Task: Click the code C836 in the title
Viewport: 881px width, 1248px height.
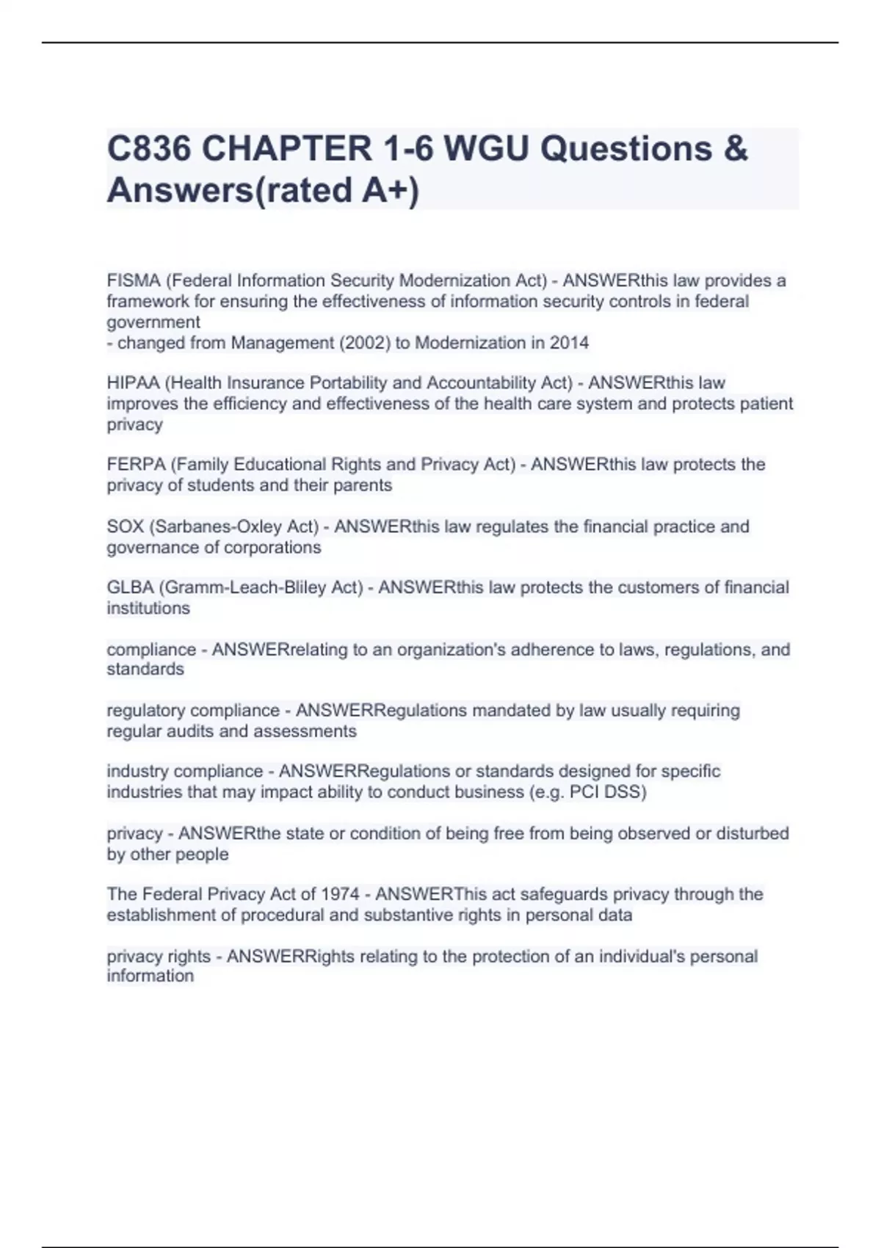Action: (x=149, y=149)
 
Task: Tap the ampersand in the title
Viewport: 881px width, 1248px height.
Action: (x=735, y=149)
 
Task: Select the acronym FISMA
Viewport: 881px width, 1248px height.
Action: (x=133, y=281)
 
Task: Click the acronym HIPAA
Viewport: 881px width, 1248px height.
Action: (x=133, y=383)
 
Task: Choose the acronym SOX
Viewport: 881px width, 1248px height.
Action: (x=125, y=527)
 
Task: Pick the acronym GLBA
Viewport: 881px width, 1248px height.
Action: (x=130, y=588)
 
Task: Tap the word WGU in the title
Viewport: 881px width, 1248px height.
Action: (x=486, y=149)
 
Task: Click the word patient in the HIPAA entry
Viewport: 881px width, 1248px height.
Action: (x=766, y=404)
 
